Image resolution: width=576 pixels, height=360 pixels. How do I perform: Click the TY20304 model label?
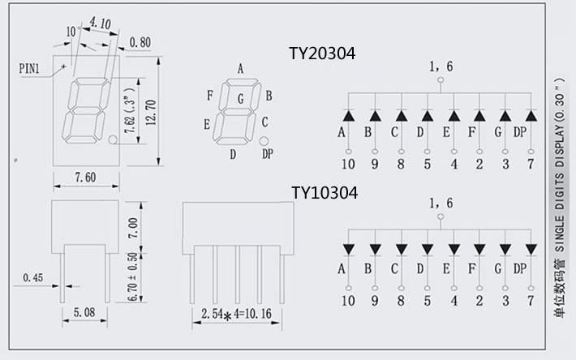[322, 54]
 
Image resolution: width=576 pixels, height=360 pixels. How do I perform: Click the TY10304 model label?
[324, 193]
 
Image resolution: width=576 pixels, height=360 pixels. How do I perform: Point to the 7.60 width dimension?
[84, 178]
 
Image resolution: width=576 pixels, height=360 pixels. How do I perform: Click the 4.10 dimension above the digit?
[101, 24]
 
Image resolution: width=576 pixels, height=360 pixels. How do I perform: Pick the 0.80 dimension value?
[140, 42]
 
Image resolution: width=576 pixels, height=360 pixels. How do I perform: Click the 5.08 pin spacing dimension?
[84, 311]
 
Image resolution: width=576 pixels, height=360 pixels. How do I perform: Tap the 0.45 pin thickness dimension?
[33, 278]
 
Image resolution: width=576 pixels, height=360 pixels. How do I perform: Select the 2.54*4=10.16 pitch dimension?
[236, 313]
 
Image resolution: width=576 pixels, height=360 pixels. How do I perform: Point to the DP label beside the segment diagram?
[268, 154]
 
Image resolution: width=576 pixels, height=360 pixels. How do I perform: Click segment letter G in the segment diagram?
[240, 99]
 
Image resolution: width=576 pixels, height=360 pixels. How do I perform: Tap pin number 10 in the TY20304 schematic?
[347, 165]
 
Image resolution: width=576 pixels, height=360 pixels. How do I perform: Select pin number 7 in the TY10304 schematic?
[531, 302]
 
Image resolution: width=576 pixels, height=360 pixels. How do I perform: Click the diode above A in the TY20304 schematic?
[347, 118]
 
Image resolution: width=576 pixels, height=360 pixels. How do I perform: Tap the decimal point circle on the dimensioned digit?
[113, 140]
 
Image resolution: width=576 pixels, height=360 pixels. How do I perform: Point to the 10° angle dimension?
[71, 31]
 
